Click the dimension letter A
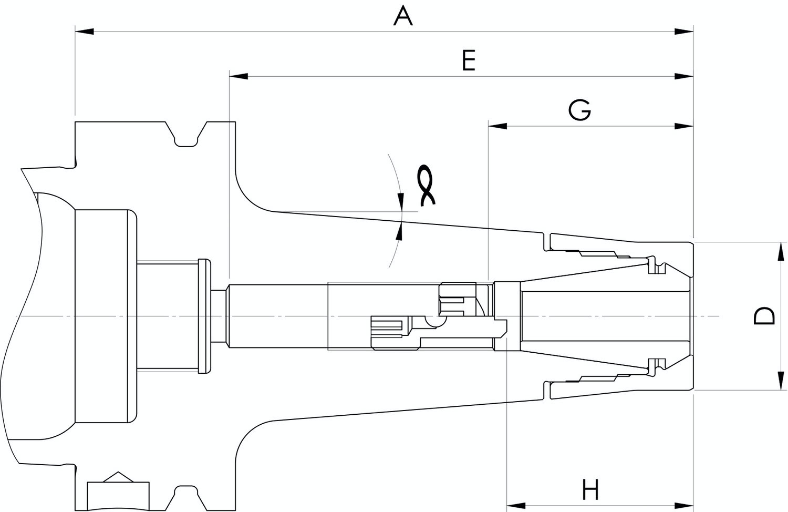click(x=403, y=16)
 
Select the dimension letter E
click(x=469, y=60)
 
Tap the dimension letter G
click(x=580, y=110)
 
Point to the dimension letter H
click(x=590, y=489)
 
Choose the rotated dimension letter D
click(x=764, y=315)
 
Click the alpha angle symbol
click(x=426, y=185)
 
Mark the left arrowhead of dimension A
click(x=85, y=32)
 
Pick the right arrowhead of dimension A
click(x=684, y=32)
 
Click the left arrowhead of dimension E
click(x=239, y=76)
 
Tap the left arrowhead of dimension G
click(x=498, y=126)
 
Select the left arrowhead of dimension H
click(x=516, y=506)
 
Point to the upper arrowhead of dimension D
click(x=781, y=252)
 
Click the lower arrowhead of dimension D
click(x=781, y=381)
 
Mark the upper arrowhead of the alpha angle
click(x=400, y=202)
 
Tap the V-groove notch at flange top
click(x=186, y=134)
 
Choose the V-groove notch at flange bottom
click(x=186, y=498)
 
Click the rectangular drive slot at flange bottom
click(x=118, y=496)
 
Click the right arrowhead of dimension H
click(x=684, y=506)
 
